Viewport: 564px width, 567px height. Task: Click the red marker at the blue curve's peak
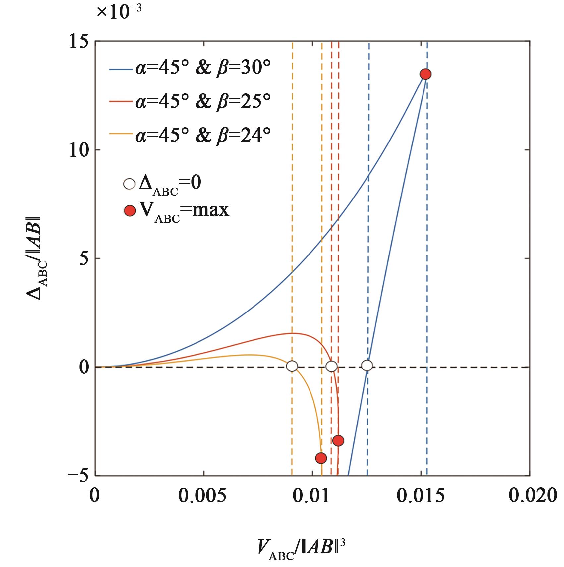pyautogui.click(x=425, y=74)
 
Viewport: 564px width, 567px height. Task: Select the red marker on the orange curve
pyautogui.click(x=321, y=458)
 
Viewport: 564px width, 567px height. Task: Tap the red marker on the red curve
pyautogui.click(x=338, y=440)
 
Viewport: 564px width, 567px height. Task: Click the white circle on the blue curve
pyautogui.click(x=367, y=366)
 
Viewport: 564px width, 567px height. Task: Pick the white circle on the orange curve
pyautogui.click(x=292, y=366)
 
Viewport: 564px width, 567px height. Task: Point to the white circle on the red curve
pyautogui.click(x=331, y=366)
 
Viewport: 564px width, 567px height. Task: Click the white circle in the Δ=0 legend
pyautogui.click(x=129, y=184)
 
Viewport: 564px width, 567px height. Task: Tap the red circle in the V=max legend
pyautogui.click(x=129, y=211)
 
